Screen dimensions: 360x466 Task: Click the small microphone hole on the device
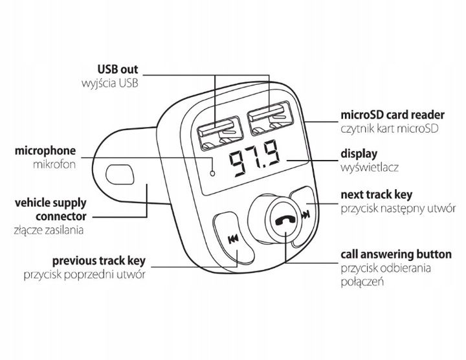coord(212,173)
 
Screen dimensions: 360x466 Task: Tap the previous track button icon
coord(233,242)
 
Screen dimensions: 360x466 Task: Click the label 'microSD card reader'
coord(388,115)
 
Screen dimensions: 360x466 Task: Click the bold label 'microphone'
coord(43,151)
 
